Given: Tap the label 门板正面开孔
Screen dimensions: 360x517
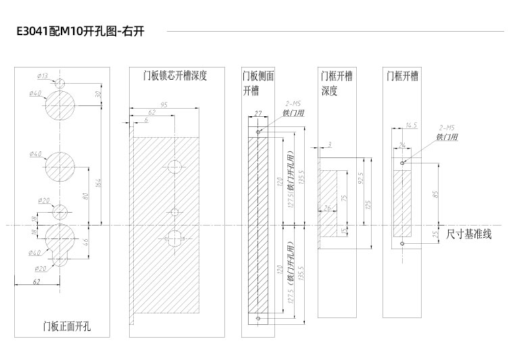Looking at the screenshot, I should pyautogui.click(x=66, y=327).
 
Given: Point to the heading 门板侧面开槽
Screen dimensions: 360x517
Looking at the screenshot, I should pyautogui.click(x=258, y=82).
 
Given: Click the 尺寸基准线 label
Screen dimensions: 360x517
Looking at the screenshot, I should pyautogui.click(x=469, y=234).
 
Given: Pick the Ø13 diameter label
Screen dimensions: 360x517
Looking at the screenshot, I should pyautogui.click(x=43, y=76).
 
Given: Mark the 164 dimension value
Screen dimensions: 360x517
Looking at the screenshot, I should pyautogui.click(x=99, y=182).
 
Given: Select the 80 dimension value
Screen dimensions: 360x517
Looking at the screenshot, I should pyautogui.click(x=86, y=196).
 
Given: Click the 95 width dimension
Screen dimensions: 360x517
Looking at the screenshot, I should pyautogui.click(x=164, y=105).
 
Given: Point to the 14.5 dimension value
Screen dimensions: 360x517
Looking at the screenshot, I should pyautogui.click(x=411, y=125).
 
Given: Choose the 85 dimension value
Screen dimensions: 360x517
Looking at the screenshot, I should pyautogui.click(x=435, y=194).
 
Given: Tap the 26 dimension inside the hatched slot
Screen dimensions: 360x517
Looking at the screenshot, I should pyautogui.click(x=328, y=209).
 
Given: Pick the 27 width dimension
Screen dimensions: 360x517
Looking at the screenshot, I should pyautogui.click(x=257, y=113).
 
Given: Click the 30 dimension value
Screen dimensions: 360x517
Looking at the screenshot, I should pyautogui.click(x=99, y=95).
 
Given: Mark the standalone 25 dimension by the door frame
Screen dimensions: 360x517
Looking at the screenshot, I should pyautogui.click(x=435, y=234).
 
